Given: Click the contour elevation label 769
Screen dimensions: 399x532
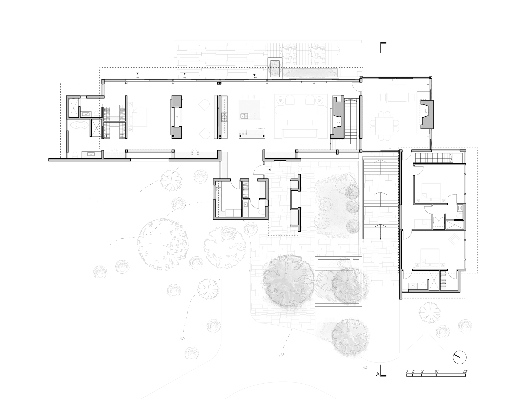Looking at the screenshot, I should click(x=182, y=339).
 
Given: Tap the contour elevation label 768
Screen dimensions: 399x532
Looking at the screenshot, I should click(x=281, y=355).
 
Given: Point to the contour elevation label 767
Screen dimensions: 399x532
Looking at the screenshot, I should click(x=364, y=368).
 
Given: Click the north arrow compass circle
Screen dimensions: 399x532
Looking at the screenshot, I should click(x=460, y=358).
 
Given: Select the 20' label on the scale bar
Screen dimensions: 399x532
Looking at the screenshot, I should click(x=465, y=371).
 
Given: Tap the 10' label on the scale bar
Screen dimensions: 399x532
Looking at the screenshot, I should click(x=437, y=371).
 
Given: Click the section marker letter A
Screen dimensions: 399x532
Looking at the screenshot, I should click(x=378, y=374).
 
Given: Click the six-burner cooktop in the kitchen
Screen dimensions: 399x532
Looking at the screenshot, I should click(x=224, y=117).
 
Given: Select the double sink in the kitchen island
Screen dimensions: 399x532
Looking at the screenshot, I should click(x=244, y=116).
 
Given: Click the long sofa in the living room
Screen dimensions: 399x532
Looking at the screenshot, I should click(x=300, y=134).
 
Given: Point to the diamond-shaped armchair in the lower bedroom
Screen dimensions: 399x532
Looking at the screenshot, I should click(x=454, y=240).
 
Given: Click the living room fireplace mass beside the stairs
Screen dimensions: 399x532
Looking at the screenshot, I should click(x=337, y=117).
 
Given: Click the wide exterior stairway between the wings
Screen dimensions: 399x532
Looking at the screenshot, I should click(x=380, y=198).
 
